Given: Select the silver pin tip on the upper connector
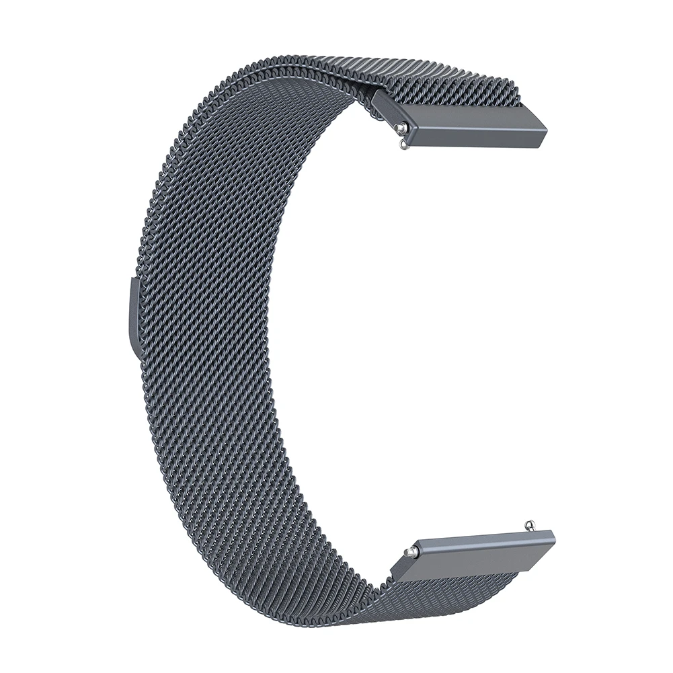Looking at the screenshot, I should pos(401,125).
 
